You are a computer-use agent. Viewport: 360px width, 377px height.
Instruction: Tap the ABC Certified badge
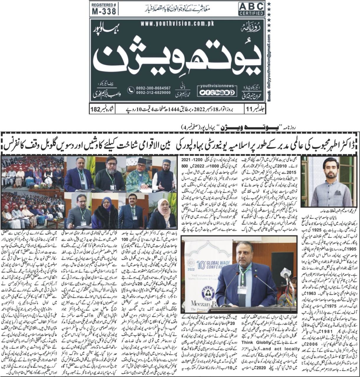(x=251, y=9)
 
